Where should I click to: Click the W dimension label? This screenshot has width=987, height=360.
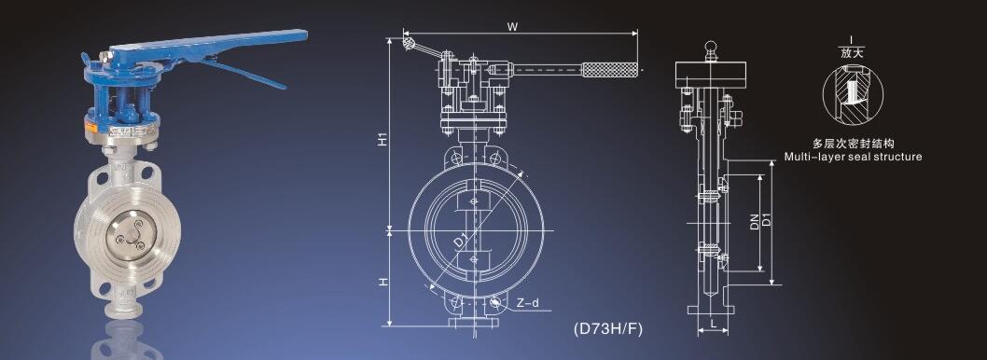click(513, 26)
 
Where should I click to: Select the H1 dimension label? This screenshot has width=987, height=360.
click(382, 140)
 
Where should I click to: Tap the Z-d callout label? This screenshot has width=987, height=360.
click(527, 303)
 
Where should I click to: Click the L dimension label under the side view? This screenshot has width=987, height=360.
click(712, 323)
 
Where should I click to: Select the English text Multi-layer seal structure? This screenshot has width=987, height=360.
click(853, 157)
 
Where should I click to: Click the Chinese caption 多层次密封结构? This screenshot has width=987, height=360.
click(853, 145)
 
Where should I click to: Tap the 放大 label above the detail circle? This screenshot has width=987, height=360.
click(853, 53)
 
